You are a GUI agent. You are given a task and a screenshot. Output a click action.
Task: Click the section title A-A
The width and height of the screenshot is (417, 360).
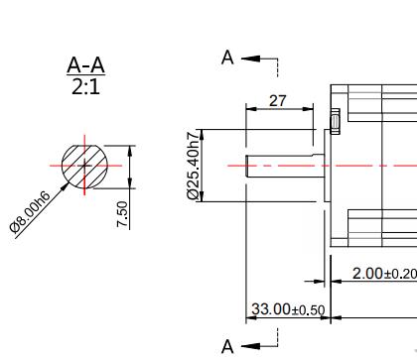pos(85,65)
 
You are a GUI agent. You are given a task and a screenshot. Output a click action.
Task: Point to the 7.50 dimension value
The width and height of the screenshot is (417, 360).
pos(122,214)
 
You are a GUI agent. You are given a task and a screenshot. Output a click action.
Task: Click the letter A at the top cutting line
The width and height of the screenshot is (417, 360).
pos(227,58)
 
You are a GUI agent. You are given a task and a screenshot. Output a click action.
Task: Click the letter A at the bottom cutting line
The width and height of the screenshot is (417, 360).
pos(227,345)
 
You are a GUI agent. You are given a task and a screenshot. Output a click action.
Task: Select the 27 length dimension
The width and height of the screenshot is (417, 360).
pos(279,101)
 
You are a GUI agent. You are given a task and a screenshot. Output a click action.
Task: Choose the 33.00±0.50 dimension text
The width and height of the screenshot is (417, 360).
pos(288,309)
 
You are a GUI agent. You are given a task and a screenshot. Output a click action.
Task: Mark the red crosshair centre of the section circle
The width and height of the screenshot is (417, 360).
pos(84,165)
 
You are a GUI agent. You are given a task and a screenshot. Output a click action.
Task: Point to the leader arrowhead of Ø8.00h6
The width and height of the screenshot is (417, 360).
pos(66,183)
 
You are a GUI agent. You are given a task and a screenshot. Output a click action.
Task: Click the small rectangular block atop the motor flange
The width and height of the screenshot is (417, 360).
pos(336,121)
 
